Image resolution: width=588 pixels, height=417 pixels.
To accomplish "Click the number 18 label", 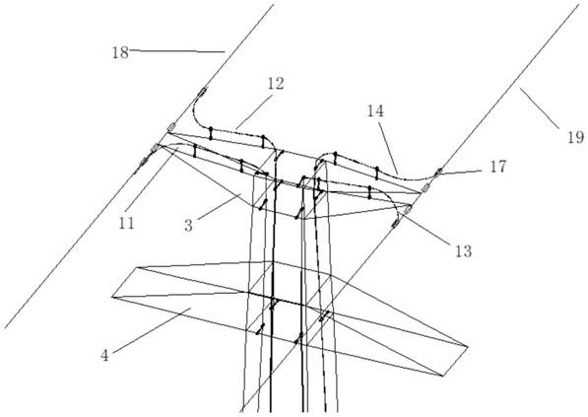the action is [120, 53].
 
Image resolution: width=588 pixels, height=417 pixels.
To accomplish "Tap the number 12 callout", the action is [276, 84].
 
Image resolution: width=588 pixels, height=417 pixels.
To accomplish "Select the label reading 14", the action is [376, 110].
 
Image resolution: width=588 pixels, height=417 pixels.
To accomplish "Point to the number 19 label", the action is [575, 138].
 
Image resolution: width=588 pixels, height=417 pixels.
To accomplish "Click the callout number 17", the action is [498, 167].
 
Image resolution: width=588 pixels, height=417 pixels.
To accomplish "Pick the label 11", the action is [126, 224].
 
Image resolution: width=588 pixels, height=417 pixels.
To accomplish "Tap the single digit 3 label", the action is [189, 226].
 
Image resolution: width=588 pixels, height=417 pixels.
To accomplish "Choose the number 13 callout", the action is [464, 251].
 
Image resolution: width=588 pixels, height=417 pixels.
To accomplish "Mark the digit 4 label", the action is [104, 355].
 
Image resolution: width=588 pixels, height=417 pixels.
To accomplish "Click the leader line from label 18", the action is [177, 50].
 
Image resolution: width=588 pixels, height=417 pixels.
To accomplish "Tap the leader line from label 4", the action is [151, 330].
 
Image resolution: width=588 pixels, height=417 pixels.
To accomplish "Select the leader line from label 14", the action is [388, 148].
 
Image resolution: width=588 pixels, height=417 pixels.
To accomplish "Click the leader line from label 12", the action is [253, 111].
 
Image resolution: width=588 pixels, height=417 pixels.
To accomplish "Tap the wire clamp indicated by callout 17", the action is [437, 174].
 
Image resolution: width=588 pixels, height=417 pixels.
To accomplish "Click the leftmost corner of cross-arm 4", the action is [111, 297].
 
